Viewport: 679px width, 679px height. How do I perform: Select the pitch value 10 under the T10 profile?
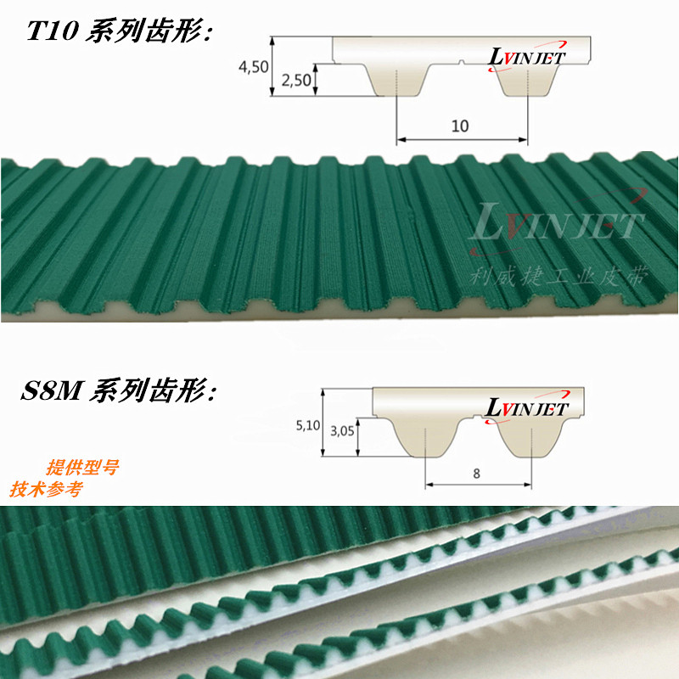coord(460,126)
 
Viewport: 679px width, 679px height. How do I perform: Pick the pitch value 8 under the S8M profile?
coord(477,474)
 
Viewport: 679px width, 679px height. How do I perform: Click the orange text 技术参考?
coord(46,490)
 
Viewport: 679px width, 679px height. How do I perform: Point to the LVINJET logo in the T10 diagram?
coord(528,56)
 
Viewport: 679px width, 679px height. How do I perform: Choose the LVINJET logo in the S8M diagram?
coord(527,408)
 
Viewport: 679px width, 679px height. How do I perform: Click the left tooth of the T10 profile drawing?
coord(396,81)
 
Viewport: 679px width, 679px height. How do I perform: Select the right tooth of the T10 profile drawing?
coord(527,81)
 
